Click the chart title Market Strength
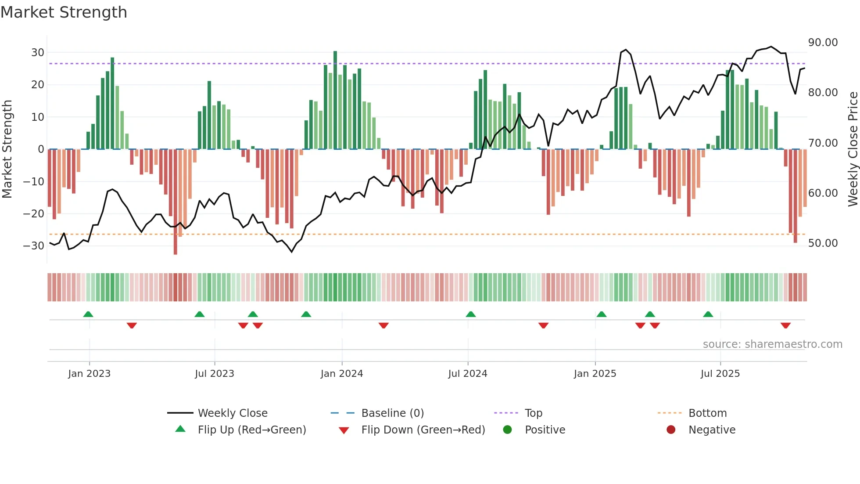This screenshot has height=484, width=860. tap(64, 12)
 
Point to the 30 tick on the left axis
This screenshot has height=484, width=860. tap(38, 53)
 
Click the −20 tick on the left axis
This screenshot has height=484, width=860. tap(34, 214)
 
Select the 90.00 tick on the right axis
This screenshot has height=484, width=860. tap(823, 43)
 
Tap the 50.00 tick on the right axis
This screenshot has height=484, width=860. tap(823, 243)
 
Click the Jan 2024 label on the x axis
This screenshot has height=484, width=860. tap(342, 374)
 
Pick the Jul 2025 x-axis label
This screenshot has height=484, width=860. tap(720, 374)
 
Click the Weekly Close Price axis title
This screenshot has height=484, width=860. tap(853, 149)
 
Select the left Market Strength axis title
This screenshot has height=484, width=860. tap(7, 149)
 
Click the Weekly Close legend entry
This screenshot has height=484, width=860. tap(233, 413)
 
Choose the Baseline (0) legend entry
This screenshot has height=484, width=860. tap(392, 413)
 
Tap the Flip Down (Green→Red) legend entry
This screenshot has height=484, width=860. tap(423, 430)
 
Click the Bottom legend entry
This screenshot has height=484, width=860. tap(707, 413)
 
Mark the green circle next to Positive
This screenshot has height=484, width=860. tap(508, 430)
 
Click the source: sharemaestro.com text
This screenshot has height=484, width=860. tap(772, 344)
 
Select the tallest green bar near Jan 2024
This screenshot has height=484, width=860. tap(335, 100)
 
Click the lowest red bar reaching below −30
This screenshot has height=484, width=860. tap(176, 202)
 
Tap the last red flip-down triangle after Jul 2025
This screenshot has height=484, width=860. tap(785, 325)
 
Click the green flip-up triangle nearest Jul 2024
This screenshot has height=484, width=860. tap(471, 314)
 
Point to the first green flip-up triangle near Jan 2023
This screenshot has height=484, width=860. tap(88, 314)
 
